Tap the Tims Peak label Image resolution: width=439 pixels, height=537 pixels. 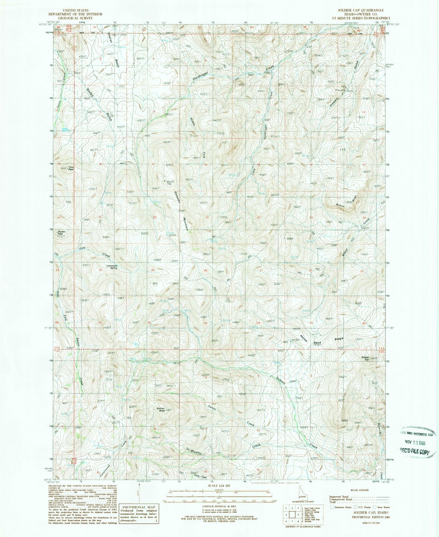point(71,168)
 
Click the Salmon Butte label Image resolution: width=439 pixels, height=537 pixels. point(160,409)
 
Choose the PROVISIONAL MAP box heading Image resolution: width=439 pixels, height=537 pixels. point(139,507)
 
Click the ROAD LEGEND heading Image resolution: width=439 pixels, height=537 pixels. point(359,490)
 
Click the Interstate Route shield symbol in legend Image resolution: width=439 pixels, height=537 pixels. point(331,507)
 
